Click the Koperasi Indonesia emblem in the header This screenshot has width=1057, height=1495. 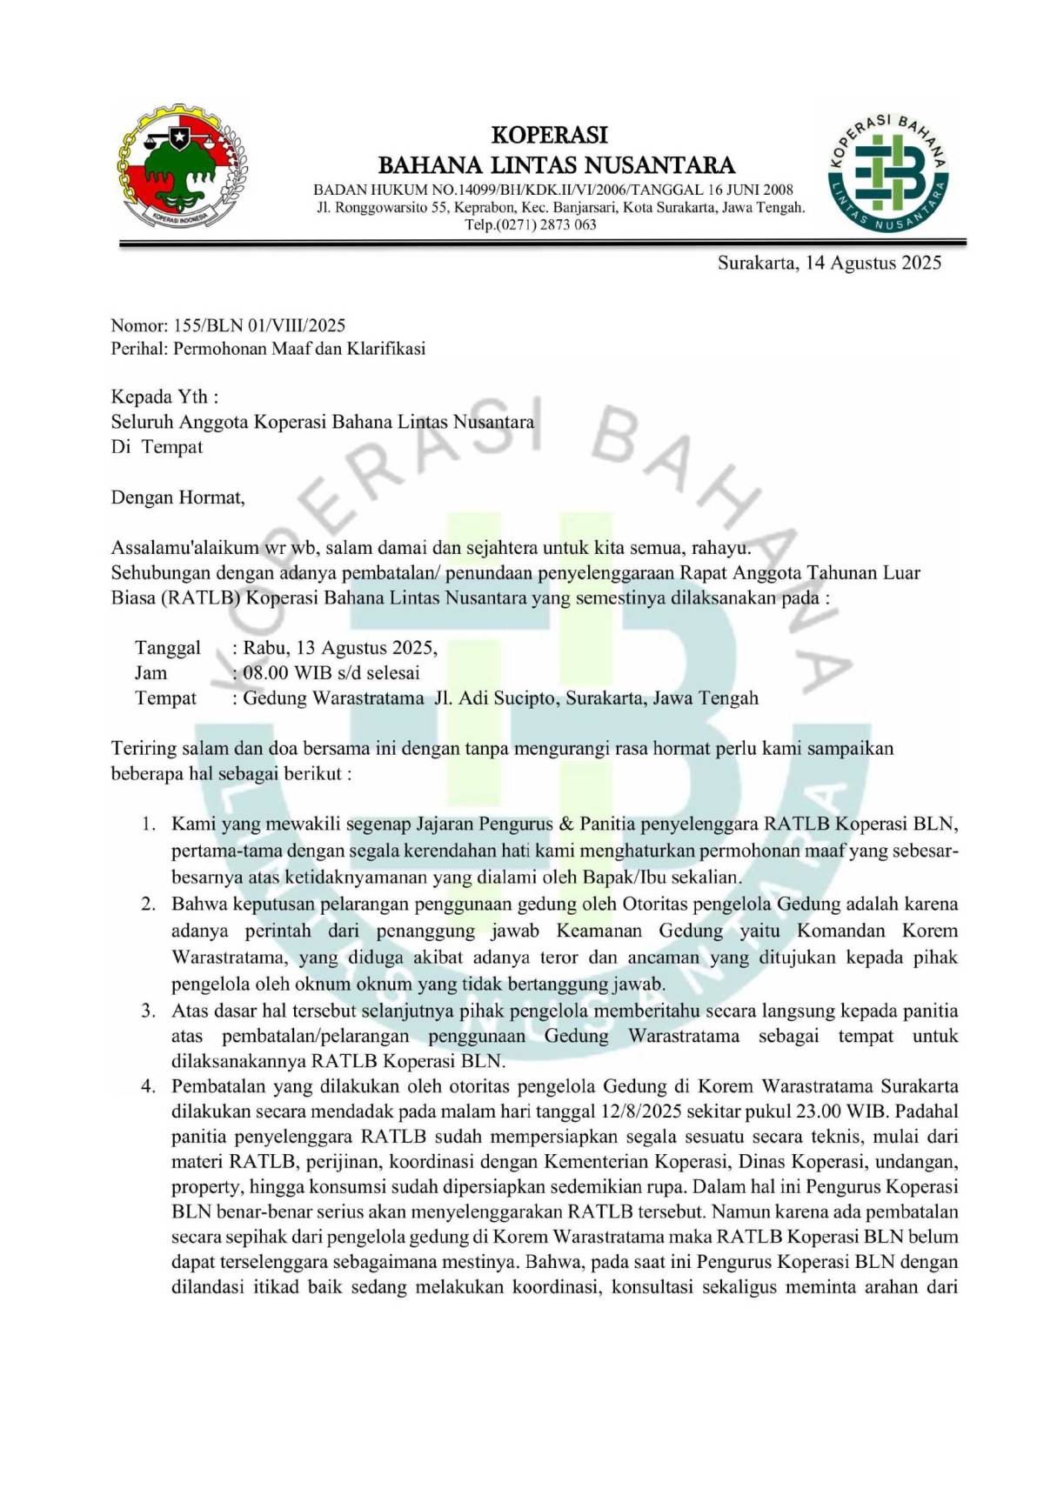tap(183, 168)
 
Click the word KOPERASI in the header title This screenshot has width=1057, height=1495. tap(549, 135)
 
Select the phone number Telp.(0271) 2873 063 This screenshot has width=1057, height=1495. tap(530, 224)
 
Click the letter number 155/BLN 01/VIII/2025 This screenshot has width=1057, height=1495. tap(260, 325)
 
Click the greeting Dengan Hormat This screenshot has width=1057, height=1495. tap(177, 497)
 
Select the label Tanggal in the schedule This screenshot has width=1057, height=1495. tap(167, 647)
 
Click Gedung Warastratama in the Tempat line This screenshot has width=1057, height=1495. tap(333, 697)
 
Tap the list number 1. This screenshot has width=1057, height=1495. tap(150, 824)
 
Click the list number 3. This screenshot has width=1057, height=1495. tap(150, 1011)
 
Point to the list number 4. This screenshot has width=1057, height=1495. tap(150, 1086)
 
